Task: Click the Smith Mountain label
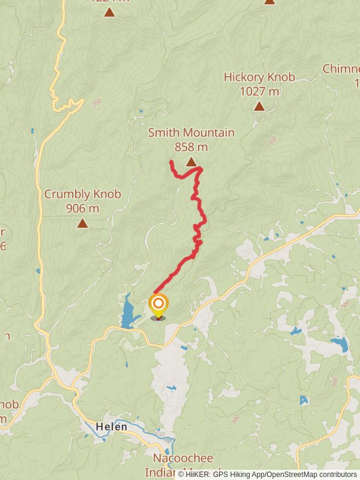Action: pyautogui.click(x=191, y=133)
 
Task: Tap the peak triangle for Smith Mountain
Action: pyautogui.click(x=191, y=161)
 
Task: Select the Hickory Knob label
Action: pyautogui.click(x=259, y=77)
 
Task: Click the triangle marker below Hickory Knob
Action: pyautogui.click(x=259, y=106)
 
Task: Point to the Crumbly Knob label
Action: pyautogui.click(x=83, y=194)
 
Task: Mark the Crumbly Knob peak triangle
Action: pyautogui.click(x=82, y=223)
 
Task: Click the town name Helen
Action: pyautogui.click(x=112, y=427)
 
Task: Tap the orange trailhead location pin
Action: pyautogui.click(x=158, y=305)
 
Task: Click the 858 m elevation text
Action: pyautogui.click(x=191, y=146)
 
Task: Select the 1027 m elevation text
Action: pyautogui.click(x=259, y=91)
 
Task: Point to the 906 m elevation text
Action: pyautogui.click(x=83, y=209)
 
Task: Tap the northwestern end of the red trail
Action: pyautogui.click(x=171, y=162)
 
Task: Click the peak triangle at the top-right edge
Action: pyautogui.click(x=269, y=2)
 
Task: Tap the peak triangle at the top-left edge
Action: pyautogui.click(x=109, y=11)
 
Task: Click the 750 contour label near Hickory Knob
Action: pyautogui.click(x=273, y=140)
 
